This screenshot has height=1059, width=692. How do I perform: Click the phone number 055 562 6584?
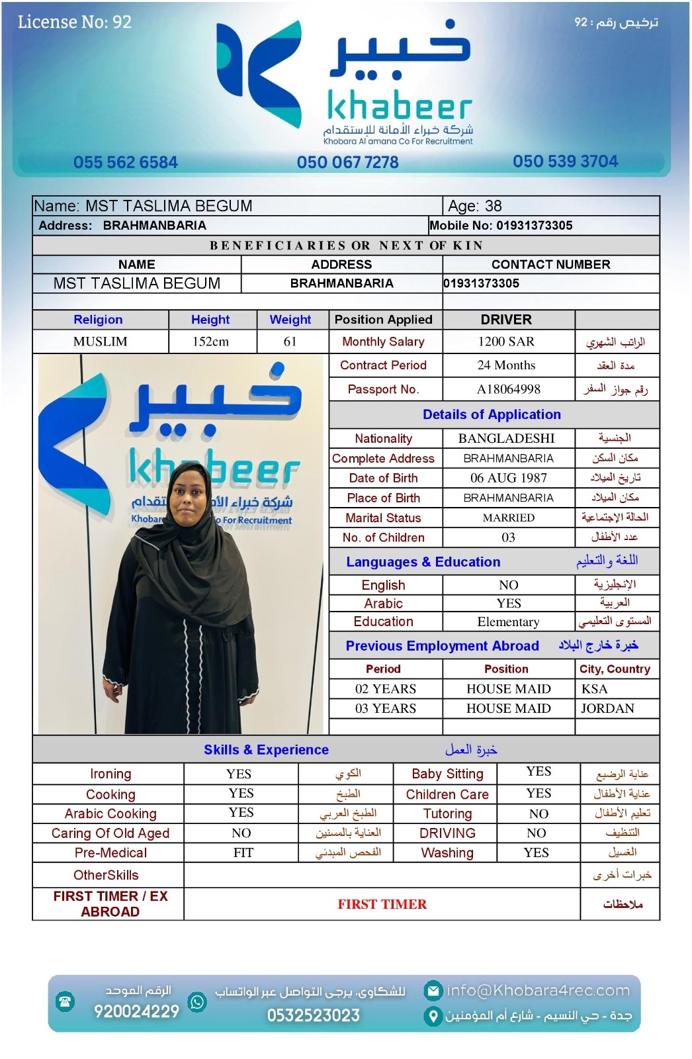click(126, 162)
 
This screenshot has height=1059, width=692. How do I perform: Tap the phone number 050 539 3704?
click(565, 161)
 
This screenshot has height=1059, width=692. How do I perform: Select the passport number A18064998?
click(508, 389)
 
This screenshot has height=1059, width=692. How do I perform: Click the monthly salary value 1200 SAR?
click(506, 342)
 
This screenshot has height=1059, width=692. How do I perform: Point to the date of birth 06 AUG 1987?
click(508, 478)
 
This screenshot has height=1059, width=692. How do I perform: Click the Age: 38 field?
click(475, 206)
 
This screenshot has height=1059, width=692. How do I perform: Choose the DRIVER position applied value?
click(506, 320)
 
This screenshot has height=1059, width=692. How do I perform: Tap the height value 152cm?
click(210, 342)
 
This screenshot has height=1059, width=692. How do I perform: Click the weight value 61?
click(290, 342)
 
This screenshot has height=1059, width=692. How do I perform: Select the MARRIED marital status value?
click(508, 518)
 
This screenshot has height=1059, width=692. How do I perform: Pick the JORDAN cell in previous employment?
click(607, 708)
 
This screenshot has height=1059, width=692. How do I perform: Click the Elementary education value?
click(508, 622)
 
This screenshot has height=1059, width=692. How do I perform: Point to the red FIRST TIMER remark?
click(382, 904)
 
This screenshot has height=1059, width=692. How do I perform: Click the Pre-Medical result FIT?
click(243, 852)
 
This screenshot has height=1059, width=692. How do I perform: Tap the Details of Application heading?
click(492, 414)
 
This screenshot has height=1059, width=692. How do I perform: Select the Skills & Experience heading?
click(266, 749)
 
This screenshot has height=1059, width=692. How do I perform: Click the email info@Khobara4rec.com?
click(537, 990)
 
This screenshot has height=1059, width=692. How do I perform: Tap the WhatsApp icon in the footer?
click(196, 1001)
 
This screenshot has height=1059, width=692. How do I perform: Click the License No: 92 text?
click(75, 22)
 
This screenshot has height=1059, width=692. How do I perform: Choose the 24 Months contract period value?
click(506, 365)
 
